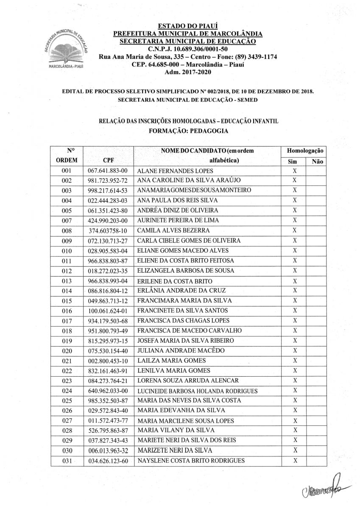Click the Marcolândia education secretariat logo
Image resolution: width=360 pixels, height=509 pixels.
[x=64, y=49]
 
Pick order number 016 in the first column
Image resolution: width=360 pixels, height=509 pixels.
[x=67, y=311]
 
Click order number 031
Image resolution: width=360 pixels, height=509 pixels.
[x=67, y=461]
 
